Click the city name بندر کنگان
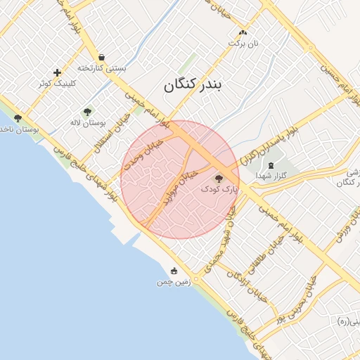coord(193,85)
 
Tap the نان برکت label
coord(243,43)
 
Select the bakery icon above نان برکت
coord(243,32)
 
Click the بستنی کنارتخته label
coord(102,68)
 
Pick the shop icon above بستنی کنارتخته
coord(102,58)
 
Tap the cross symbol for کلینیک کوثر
coord(58,72)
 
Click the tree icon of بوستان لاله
coord(87,112)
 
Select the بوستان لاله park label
coord(87,122)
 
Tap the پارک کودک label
coord(219,189)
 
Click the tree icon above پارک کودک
coord(219,179)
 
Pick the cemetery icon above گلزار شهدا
coord(271,164)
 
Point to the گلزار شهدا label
coord(270,174)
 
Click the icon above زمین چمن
coord(174,271)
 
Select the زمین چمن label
coord(174,281)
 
